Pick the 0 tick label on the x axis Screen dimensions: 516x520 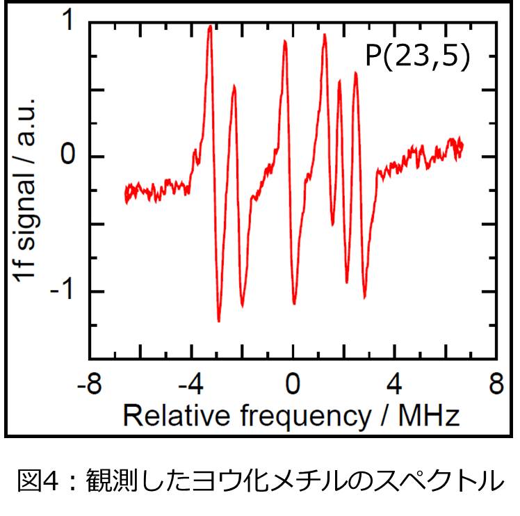(293, 385)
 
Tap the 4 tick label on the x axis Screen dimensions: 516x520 (395, 385)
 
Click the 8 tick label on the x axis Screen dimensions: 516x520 (496, 385)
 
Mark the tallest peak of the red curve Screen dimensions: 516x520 (210, 26)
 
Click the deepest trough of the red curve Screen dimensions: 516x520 (219, 321)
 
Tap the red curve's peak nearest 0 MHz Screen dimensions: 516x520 (285, 42)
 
